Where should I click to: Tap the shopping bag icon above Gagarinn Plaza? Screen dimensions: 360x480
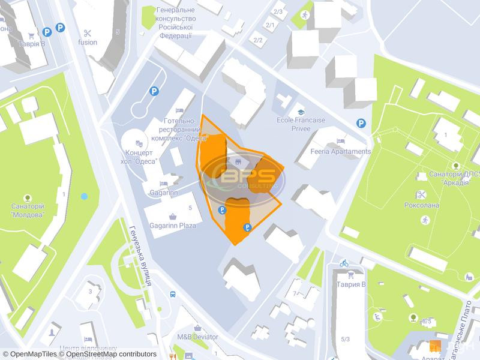click(173, 216)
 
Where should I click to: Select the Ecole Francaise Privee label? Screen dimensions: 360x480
click(301, 124)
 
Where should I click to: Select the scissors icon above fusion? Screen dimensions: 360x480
click(88, 33)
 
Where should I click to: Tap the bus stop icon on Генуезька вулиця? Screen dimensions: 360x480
click(173, 295)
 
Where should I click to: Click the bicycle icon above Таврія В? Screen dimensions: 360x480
click(344, 263)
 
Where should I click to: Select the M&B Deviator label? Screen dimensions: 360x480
click(197, 337)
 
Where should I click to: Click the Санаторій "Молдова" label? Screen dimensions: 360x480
click(27, 210)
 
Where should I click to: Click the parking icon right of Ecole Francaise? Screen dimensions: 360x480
click(361, 123)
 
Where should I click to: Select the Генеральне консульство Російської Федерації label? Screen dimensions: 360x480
click(176, 23)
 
